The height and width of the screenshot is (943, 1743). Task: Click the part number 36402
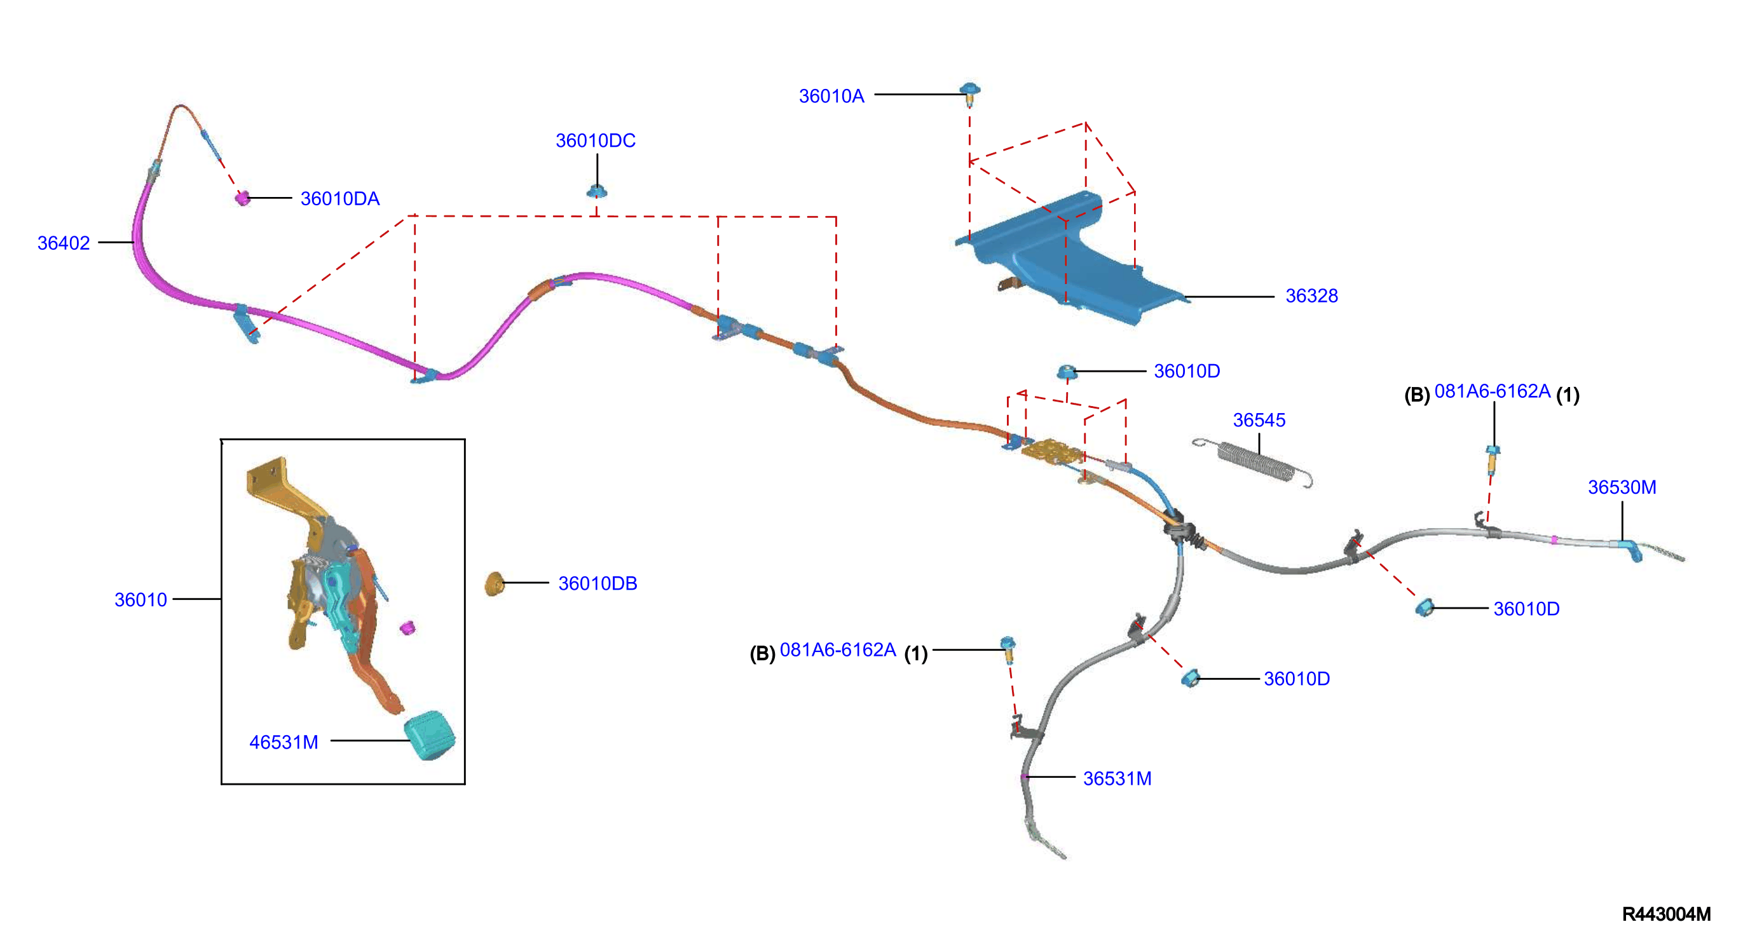(64, 243)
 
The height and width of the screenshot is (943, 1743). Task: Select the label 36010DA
(339, 199)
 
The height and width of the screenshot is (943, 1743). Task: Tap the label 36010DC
(596, 140)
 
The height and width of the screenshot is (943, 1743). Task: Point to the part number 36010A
(831, 96)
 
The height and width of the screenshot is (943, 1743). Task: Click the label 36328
(1311, 295)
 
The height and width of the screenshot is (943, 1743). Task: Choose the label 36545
(1259, 420)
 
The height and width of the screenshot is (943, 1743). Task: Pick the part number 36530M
(1622, 487)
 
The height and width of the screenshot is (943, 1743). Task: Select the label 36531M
(1117, 778)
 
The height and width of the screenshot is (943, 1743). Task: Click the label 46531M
(284, 742)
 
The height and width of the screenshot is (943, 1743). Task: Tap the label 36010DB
(598, 583)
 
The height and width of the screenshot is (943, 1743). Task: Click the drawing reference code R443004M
(1667, 914)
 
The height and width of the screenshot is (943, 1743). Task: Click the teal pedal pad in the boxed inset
(430, 735)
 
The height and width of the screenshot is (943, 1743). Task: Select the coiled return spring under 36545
(1252, 463)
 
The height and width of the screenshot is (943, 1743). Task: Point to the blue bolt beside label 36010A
(970, 94)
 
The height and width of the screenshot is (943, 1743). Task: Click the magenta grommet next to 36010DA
(242, 198)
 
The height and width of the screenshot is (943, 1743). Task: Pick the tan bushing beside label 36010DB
(495, 584)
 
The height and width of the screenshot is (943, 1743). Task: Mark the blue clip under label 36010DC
(597, 191)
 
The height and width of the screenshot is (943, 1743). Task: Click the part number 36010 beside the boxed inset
(140, 600)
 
